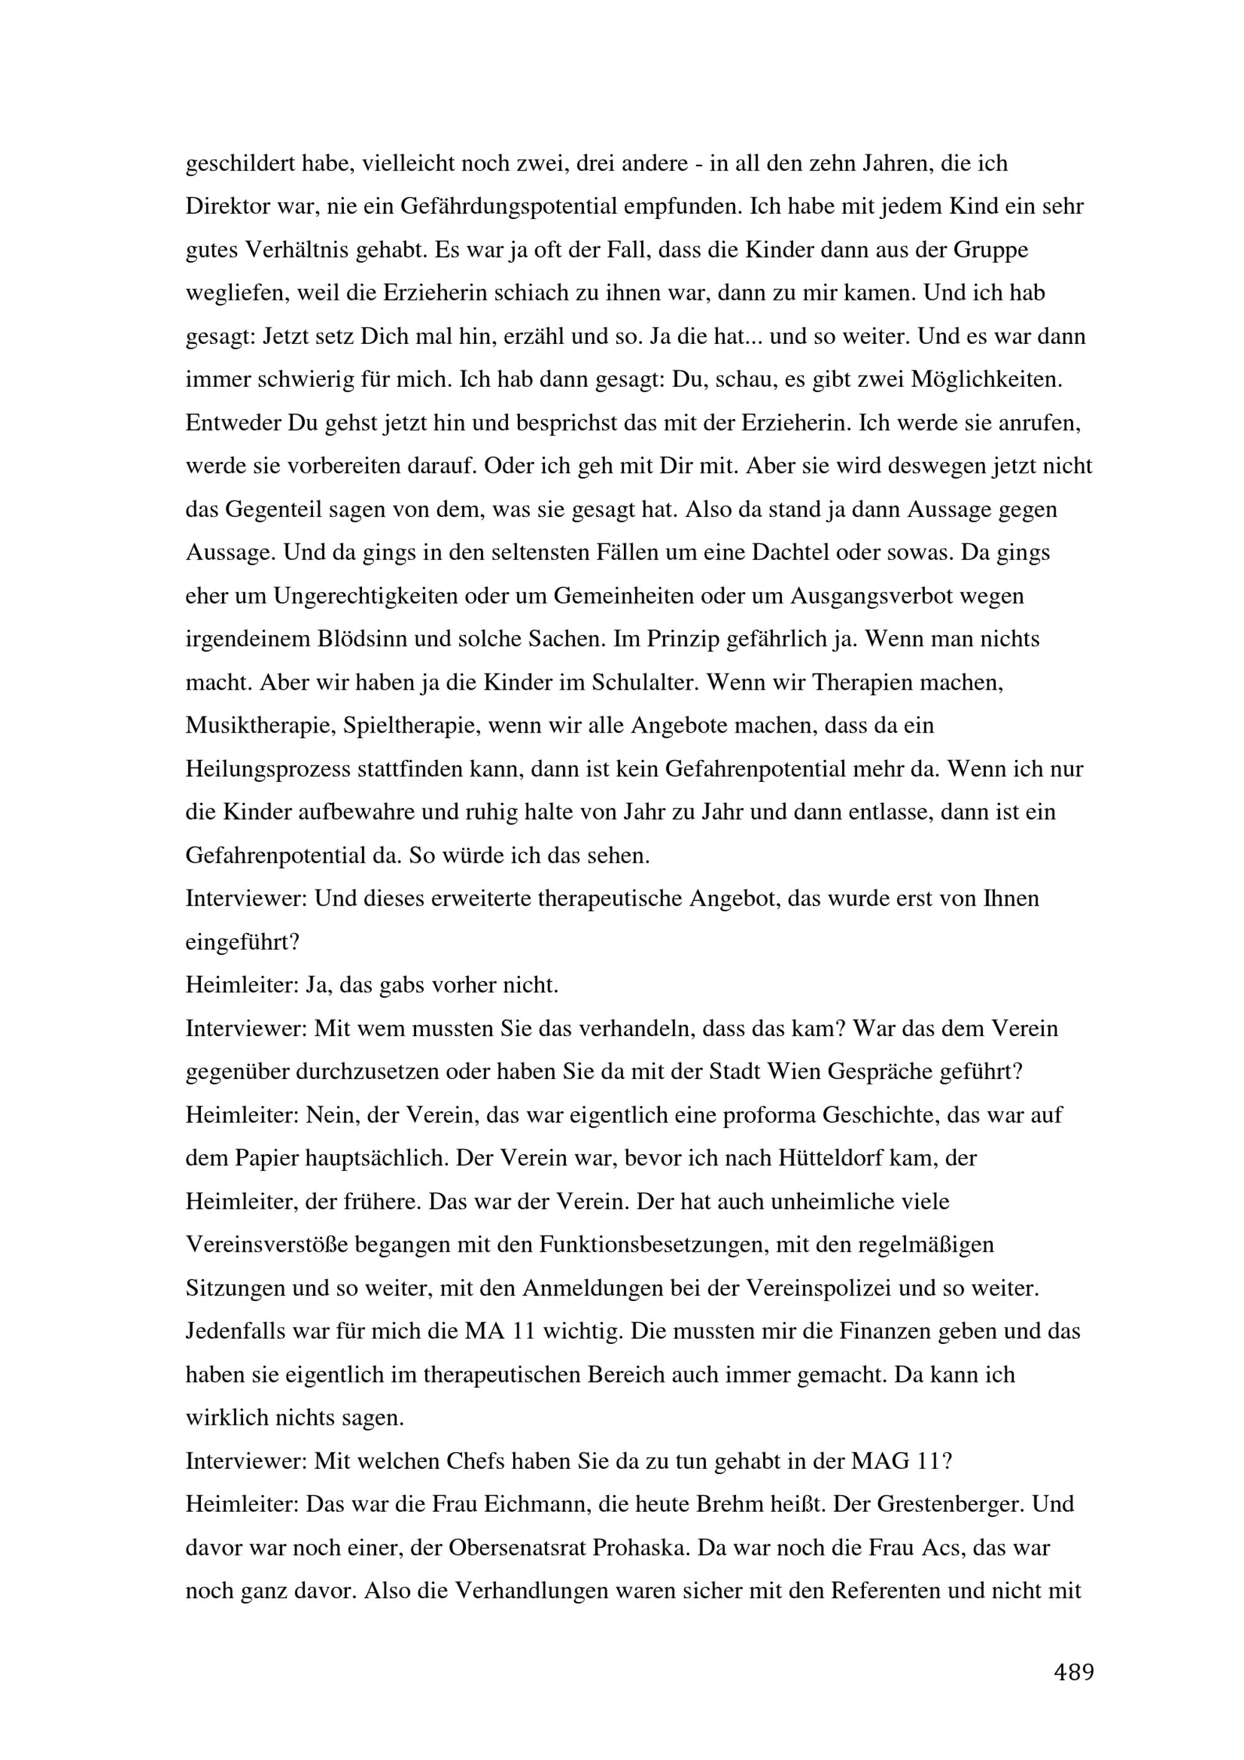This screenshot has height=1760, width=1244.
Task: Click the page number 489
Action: click(x=1074, y=1671)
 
